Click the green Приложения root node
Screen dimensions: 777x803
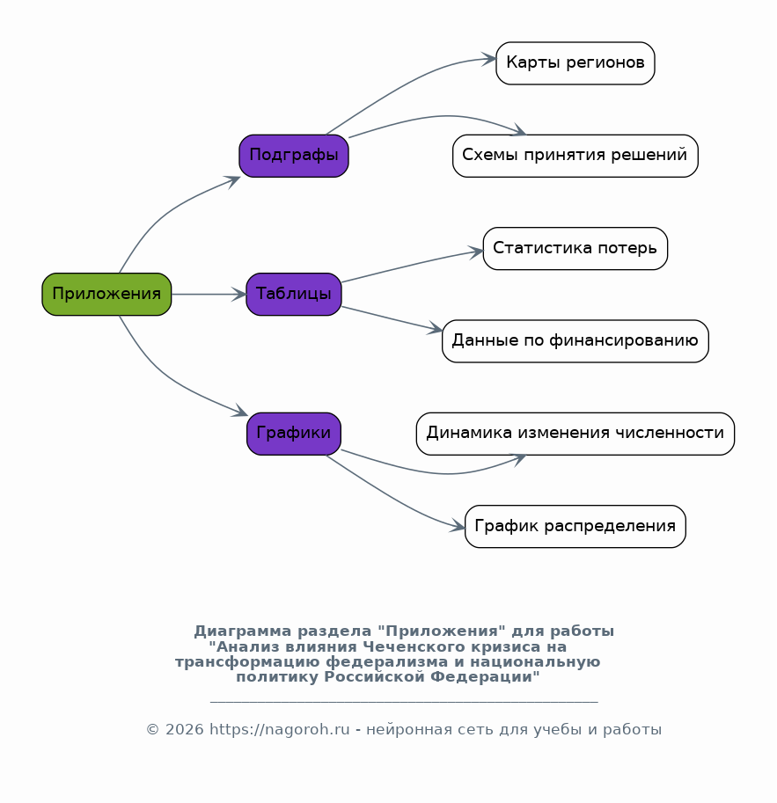(x=106, y=294)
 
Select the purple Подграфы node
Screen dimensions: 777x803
(x=294, y=156)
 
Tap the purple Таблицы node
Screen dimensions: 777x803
(x=294, y=294)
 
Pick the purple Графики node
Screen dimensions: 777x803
(x=294, y=434)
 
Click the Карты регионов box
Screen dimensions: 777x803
(x=575, y=63)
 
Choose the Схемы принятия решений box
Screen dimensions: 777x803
(x=575, y=156)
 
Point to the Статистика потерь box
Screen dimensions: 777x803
(x=575, y=248)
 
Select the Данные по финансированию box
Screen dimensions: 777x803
(x=575, y=341)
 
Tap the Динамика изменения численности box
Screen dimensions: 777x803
(x=575, y=434)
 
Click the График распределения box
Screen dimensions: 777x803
(x=575, y=527)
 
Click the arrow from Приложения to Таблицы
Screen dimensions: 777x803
(x=209, y=294)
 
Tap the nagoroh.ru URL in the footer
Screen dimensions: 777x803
(x=279, y=729)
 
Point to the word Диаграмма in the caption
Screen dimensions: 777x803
(x=243, y=631)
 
